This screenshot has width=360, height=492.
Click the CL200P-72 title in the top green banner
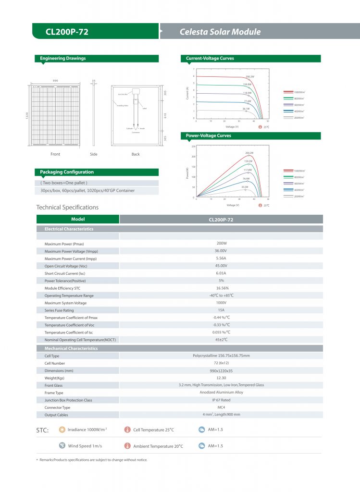pos(67,32)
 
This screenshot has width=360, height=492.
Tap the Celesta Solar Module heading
pos(220,32)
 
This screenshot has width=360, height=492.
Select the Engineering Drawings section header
pos(63,59)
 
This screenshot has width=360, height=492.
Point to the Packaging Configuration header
pos(67,172)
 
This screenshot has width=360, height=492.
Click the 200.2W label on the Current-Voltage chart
pos(249,76)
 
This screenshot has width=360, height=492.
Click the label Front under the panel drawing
pos(55,154)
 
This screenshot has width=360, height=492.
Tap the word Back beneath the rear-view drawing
pos(136,154)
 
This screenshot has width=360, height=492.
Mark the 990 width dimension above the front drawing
pos(55,80)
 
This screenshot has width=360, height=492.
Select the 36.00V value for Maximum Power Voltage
pos(221,251)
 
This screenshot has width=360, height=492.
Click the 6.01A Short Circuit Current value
pos(221,273)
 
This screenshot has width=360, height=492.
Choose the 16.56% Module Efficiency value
pos(221,288)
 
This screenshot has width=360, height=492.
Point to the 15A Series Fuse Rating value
pos(221,310)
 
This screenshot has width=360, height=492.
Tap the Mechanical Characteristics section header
pos(71,348)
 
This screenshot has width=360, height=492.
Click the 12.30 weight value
pos(221,378)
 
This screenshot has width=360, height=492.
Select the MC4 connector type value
pos(221,407)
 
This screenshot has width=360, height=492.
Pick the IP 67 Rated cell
pos(221,400)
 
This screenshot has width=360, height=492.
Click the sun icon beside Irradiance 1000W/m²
pos(62,430)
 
